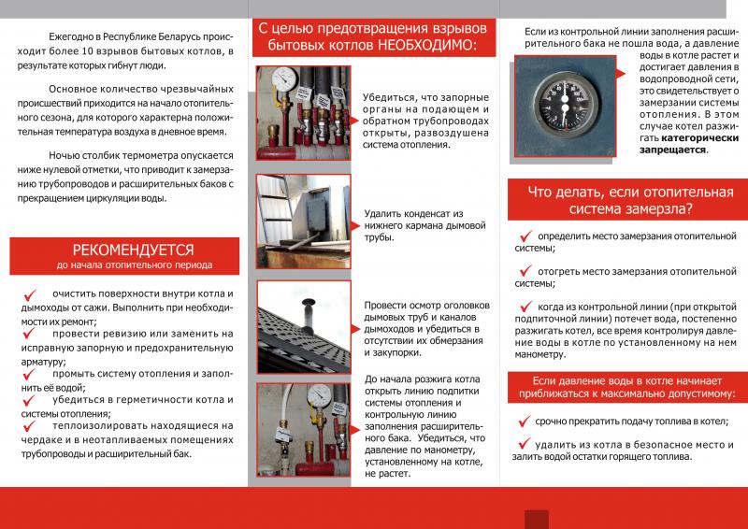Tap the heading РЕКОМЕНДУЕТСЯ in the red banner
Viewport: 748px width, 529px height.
tap(133, 250)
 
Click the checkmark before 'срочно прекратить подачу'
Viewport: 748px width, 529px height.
tap(525, 421)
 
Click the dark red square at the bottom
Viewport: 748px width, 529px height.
tap(538, 520)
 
